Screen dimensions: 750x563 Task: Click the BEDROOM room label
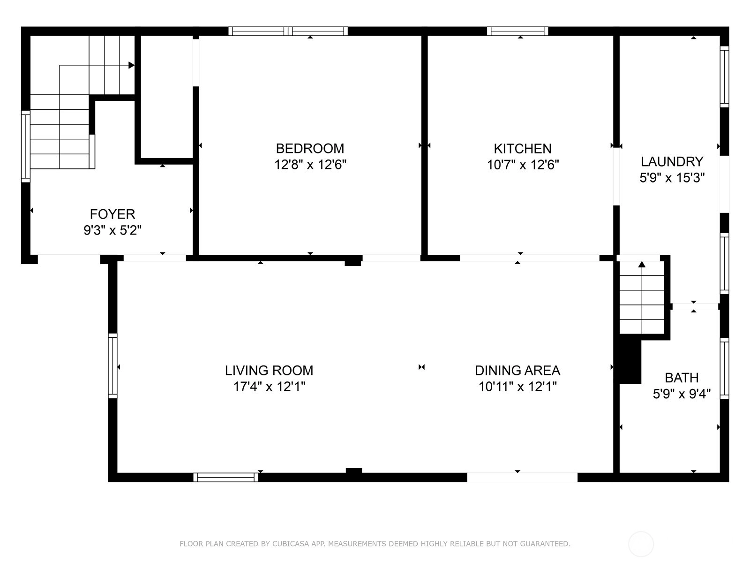point(310,149)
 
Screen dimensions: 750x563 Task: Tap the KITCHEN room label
point(523,149)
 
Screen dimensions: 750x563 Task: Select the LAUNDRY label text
point(672,161)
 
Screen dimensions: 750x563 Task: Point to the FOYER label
point(112,214)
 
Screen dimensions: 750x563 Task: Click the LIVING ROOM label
point(269,371)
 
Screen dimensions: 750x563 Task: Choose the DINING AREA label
point(517,371)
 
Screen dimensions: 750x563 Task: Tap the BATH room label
point(681,378)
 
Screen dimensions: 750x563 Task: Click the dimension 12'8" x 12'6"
point(310,165)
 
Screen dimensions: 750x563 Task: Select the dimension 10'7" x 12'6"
point(523,165)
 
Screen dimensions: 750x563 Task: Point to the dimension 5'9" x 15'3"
point(672,178)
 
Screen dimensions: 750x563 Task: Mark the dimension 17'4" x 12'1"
point(269,387)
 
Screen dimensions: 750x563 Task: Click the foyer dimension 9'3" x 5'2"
point(112,230)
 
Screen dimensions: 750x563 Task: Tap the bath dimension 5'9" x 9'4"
point(682,394)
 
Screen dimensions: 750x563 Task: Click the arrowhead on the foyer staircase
point(131,65)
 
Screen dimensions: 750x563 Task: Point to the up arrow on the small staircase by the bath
point(642,264)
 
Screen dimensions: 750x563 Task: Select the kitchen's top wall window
point(517,31)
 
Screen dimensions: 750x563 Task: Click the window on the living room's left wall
point(112,366)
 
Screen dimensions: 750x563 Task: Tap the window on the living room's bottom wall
point(225,477)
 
